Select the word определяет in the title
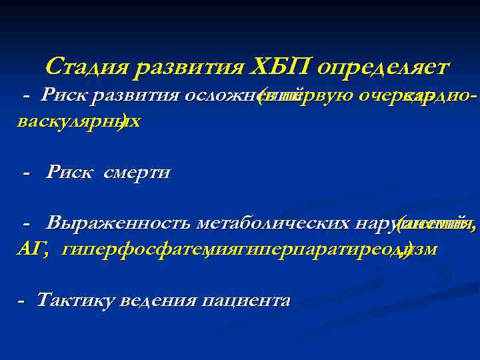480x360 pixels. click(385, 67)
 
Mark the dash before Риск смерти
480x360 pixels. click(26, 173)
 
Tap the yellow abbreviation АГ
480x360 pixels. click(30, 249)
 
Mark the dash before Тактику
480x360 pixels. click(22, 301)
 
